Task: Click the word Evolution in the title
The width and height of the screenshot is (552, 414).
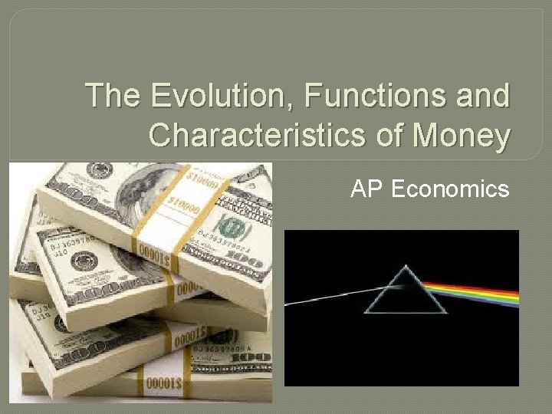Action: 215,97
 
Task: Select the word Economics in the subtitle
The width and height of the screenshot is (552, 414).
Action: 449,189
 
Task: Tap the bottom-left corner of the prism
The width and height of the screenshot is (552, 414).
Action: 366,313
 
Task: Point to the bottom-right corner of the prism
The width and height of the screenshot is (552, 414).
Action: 445,313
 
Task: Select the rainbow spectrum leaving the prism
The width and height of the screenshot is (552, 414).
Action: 475,292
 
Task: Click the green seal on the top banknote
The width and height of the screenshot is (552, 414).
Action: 229,225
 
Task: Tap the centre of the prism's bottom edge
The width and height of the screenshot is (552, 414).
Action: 406,313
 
